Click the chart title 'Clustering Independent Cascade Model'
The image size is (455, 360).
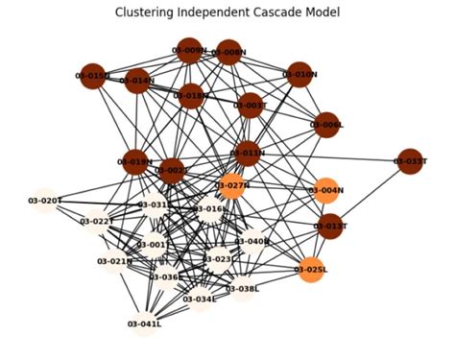(x=227, y=12)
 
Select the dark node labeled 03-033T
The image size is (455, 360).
(x=410, y=161)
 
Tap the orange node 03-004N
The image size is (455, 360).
(x=326, y=190)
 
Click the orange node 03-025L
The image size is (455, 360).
(x=313, y=270)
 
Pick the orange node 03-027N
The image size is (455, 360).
(x=232, y=185)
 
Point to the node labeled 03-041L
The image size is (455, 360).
(x=145, y=324)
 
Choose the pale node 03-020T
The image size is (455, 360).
(x=44, y=201)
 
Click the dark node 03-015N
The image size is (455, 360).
(x=93, y=75)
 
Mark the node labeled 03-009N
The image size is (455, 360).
(x=189, y=50)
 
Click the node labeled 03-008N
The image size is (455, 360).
(x=228, y=52)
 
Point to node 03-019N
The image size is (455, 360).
(x=136, y=162)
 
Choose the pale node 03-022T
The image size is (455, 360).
(x=97, y=222)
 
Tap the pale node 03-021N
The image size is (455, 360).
(x=115, y=261)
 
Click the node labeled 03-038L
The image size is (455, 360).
(x=242, y=288)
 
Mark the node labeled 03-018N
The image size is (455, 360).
(x=191, y=96)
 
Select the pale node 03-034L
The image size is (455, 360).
(x=201, y=299)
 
